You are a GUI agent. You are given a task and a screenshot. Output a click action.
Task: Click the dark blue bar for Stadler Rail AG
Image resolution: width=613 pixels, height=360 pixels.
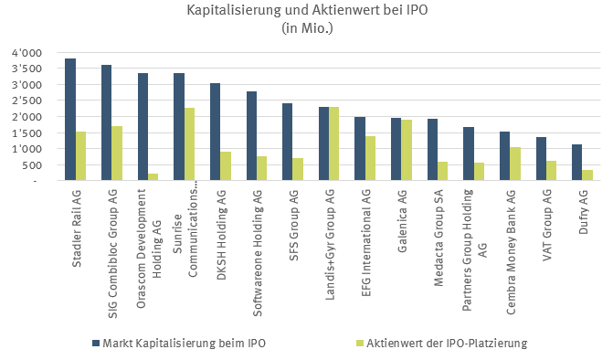[x=70, y=120]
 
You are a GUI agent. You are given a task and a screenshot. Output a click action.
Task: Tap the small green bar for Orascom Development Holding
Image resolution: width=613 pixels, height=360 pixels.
[x=153, y=177]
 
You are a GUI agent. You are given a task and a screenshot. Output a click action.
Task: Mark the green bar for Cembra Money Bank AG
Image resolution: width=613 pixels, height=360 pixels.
[x=514, y=164]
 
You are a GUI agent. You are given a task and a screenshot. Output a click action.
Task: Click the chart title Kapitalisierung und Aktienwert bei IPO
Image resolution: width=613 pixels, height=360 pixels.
[x=307, y=11]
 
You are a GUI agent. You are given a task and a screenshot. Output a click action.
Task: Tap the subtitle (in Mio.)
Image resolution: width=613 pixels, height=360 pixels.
[x=307, y=27]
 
